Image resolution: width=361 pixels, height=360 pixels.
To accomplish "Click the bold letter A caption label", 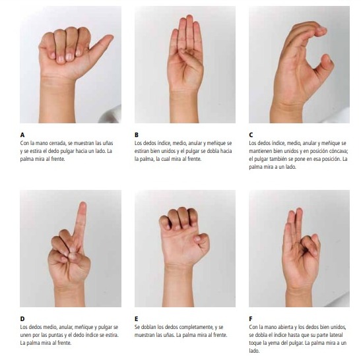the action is pyautogui.click(x=22, y=135).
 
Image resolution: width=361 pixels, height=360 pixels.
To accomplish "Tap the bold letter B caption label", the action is pyautogui.click(x=137, y=135).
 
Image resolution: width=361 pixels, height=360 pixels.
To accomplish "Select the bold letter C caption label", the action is pyautogui.click(x=251, y=135).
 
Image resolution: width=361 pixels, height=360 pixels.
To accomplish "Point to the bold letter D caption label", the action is pyautogui.click(x=22, y=319).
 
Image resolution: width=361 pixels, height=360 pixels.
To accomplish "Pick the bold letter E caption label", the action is pyautogui.click(x=137, y=319).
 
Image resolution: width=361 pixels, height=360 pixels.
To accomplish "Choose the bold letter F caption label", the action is pyautogui.click(x=251, y=319).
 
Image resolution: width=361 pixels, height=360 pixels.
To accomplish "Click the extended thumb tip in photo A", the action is pyautogui.click(x=110, y=37).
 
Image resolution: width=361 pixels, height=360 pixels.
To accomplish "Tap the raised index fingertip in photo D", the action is pyautogui.click(x=82, y=204).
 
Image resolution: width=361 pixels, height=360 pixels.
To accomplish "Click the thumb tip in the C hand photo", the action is pyautogui.click(x=327, y=57).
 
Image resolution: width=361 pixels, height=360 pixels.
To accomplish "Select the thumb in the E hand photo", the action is pyautogui.click(x=201, y=241).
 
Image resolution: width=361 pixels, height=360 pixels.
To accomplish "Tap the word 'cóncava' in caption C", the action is pyautogui.click(x=338, y=151).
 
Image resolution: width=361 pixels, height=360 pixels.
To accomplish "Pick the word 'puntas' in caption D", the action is pyautogui.click(x=51, y=335).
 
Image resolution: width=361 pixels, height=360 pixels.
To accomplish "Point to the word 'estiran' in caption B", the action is pyautogui.click(x=142, y=151).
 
